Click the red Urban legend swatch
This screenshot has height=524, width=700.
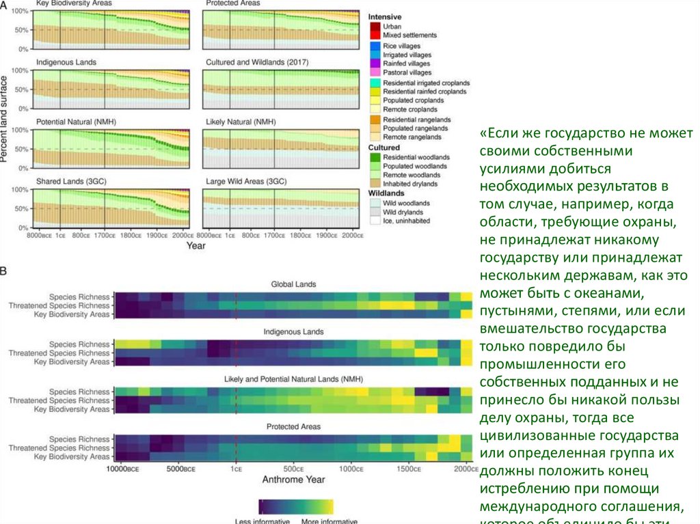pyautogui.click(x=375, y=26)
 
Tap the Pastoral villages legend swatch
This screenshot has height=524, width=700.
pyautogui.click(x=375, y=72)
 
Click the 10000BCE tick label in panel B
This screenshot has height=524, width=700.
pyautogui.click(x=129, y=469)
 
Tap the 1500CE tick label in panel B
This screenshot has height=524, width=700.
pyautogui.click(x=408, y=469)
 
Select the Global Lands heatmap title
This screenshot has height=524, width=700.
pyautogui.click(x=293, y=284)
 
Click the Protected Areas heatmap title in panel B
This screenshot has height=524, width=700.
pyautogui.click(x=292, y=426)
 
